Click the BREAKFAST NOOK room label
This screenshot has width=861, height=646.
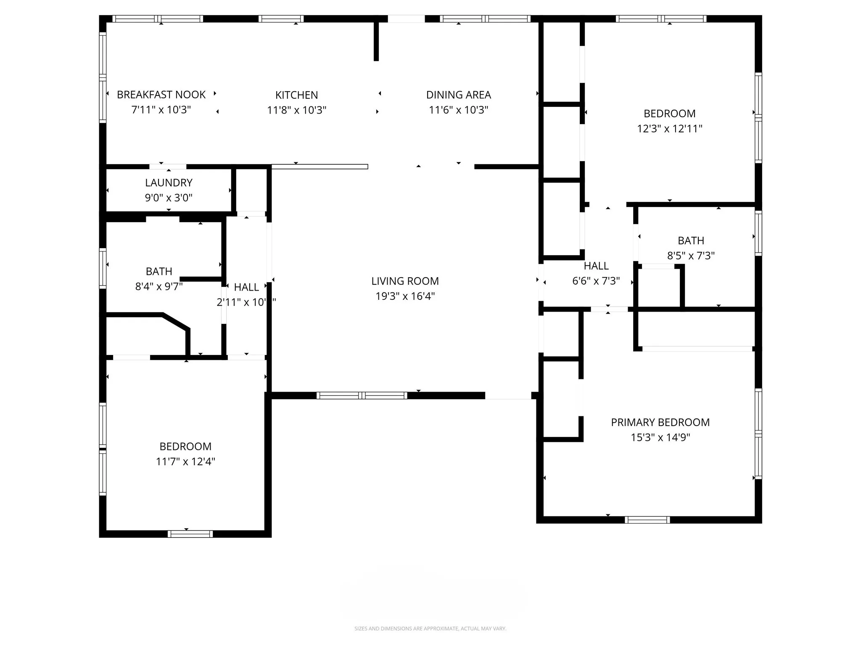[x=161, y=95]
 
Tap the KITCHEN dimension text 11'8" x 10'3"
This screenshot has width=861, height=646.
[x=296, y=110]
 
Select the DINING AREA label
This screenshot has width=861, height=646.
[x=458, y=95]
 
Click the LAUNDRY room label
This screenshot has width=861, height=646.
[x=169, y=183]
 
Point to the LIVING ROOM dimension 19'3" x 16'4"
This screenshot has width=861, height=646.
[x=405, y=296]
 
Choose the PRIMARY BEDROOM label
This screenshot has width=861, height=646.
[x=660, y=422]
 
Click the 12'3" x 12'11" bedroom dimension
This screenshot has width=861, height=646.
[x=669, y=129]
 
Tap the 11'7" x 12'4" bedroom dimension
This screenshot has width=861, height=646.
[x=185, y=461]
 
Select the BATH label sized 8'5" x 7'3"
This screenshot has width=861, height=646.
[x=691, y=241]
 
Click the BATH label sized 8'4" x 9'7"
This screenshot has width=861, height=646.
[x=159, y=271]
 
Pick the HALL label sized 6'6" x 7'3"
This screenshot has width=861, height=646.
[x=596, y=266]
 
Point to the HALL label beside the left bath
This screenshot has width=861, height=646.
[x=246, y=287]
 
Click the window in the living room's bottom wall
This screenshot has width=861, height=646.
[x=362, y=395]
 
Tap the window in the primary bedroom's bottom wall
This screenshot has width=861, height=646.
[x=647, y=520]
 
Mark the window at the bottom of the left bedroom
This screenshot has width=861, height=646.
[x=190, y=534]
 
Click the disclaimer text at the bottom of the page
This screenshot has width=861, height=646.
[x=430, y=628]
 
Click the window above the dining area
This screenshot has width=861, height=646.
[x=485, y=19]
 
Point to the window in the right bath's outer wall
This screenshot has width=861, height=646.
[x=758, y=233]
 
